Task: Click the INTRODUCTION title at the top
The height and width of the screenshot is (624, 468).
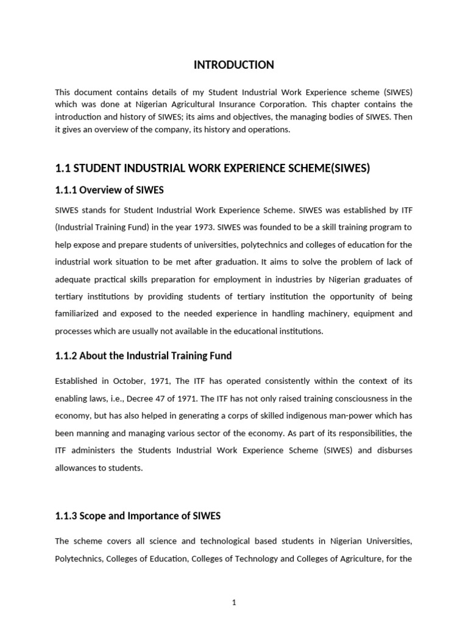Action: coord(233,65)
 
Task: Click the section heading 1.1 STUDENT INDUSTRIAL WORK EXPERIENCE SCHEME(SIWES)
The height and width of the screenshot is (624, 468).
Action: coord(212,168)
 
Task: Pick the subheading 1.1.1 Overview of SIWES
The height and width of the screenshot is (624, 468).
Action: coord(109,190)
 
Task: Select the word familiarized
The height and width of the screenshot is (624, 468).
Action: coord(79,314)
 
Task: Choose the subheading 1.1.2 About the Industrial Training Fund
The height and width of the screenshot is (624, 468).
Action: coord(143,355)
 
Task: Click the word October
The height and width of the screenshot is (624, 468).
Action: coord(130,381)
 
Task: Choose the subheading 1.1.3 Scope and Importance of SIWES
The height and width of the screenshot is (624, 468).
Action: coord(138,516)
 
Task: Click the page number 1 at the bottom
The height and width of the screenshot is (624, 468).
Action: coord(234,586)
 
